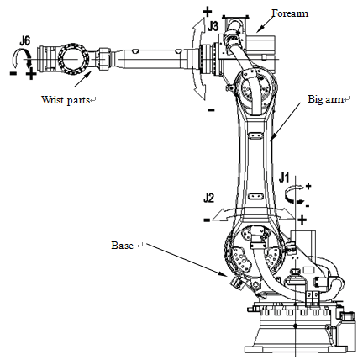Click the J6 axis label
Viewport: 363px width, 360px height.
[24, 41]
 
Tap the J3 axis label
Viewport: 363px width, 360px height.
[213, 27]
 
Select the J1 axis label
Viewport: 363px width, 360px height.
[284, 177]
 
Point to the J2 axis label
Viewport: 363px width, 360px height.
[208, 198]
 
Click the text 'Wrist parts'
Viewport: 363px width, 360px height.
[65, 99]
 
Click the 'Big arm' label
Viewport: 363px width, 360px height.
[325, 99]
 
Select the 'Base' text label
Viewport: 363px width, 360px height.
[122, 246]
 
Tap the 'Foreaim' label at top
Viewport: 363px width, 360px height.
[290, 13]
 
